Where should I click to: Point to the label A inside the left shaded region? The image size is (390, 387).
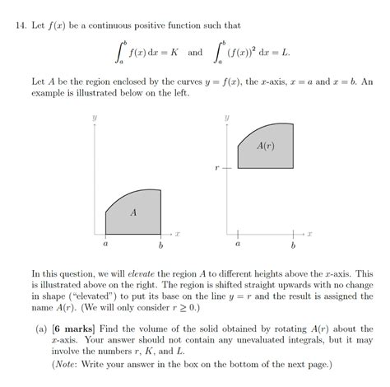[133, 212]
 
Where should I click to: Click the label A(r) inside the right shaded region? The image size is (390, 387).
[265, 146]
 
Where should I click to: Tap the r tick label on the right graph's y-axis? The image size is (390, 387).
[217, 167]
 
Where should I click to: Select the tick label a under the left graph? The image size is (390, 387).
[105, 245]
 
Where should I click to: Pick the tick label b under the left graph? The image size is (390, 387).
[160, 245]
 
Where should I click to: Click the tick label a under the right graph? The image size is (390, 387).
[238, 245]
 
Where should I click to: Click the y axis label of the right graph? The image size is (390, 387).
[226, 119]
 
